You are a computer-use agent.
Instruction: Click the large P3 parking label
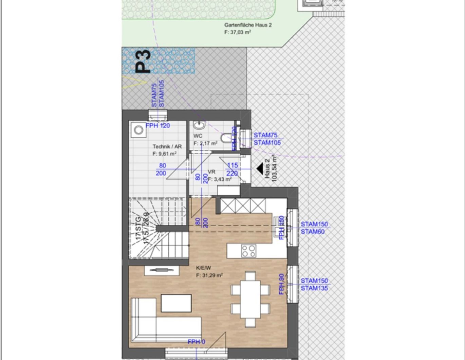tap(143, 61)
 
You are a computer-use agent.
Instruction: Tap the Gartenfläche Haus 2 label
tap(248, 25)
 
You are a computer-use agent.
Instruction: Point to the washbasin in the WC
tap(199, 126)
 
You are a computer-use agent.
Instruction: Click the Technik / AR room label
tap(167, 146)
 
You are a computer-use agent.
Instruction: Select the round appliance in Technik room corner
tap(138, 130)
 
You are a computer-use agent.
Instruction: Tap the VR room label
tap(211, 172)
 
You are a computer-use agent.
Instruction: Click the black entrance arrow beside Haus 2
tap(260, 168)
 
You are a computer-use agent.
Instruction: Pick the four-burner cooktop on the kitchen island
tap(249, 251)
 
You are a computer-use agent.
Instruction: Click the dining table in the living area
tap(250, 299)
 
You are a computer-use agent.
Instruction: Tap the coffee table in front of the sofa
tap(176, 303)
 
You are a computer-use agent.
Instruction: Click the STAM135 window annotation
tap(314, 288)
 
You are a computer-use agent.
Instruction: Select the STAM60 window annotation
tap(313, 232)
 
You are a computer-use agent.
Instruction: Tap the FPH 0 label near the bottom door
tap(197, 342)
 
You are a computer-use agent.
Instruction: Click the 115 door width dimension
tap(232, 165)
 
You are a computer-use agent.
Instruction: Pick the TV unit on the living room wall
tap(162, 270)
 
